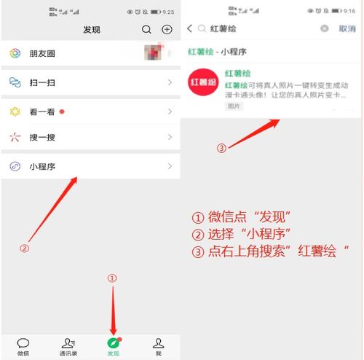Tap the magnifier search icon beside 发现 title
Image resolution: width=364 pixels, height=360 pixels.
(x=147, y=30)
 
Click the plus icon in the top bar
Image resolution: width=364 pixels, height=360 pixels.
(x=167, y=30)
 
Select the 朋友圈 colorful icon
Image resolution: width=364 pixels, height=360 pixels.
(x=15, y=54)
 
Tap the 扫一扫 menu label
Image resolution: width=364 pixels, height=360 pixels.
(x=41, y=83)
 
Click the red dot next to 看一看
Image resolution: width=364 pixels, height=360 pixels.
(x=62, y=111)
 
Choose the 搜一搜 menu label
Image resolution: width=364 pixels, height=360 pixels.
(x=41, y=137)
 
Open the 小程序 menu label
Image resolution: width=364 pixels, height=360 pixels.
(x=42, y=166)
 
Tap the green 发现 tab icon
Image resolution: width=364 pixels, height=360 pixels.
(x=112, y=342)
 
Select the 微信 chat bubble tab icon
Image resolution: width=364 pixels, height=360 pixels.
(x=23, y=343)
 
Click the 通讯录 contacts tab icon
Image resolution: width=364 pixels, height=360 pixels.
(x=68, y=343)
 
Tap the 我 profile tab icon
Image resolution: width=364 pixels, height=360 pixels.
(x=158, y=343)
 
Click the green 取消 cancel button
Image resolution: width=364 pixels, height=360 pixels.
(x=347, y=28)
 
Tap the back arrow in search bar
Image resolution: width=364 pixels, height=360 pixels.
(x=190, y=28)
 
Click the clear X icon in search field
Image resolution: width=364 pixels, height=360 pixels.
(x=325, y=28)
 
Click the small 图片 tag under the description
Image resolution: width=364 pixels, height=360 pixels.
(x=234, y=106)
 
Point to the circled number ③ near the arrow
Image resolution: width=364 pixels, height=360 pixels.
(x=222, y=148)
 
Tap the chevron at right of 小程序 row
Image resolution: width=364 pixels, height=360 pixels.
(x=170, y=166)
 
